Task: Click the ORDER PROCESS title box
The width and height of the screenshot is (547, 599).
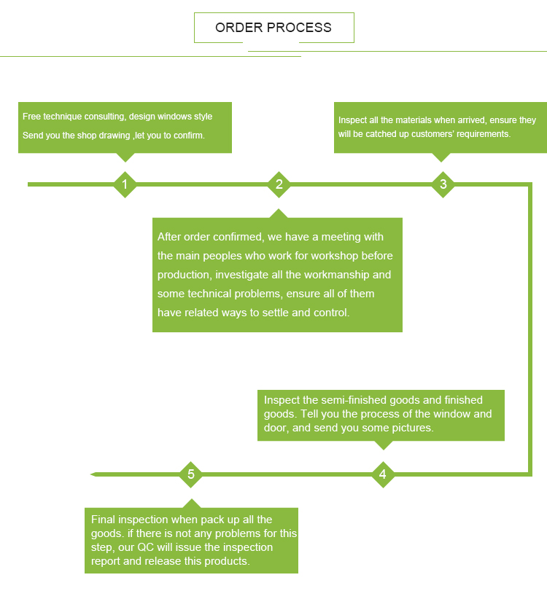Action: tap(273, 28)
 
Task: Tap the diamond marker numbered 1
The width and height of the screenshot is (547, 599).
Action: tap(125, 184)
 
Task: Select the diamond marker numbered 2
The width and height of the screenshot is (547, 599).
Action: tap(279, 184)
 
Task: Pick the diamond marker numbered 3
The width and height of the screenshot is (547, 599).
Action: tap(443, 184)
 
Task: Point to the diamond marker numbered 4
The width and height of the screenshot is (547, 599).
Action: tap(383, 475)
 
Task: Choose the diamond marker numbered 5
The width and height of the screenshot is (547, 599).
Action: tap(191, 475)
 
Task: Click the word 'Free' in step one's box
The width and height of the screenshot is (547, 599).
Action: tap(31, 117)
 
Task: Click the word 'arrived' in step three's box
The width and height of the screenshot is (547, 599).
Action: tap(471, 120)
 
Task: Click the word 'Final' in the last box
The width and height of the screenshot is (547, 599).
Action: tap(104, 520)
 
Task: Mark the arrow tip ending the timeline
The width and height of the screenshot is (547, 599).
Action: tap(93, 474)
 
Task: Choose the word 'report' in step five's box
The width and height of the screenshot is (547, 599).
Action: tap(106, 561)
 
